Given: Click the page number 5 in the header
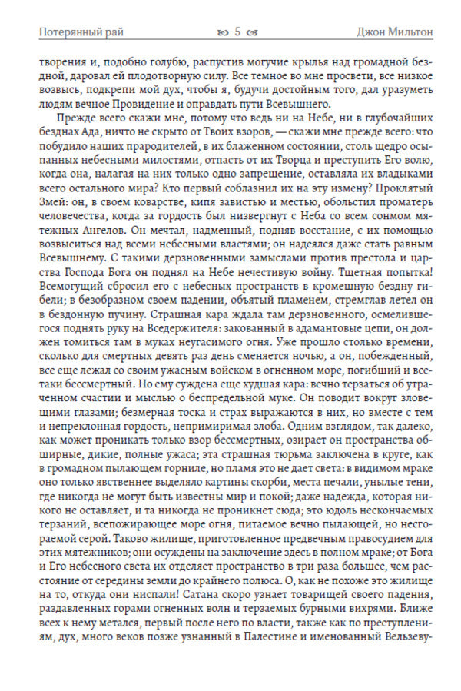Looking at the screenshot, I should point(237,32).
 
